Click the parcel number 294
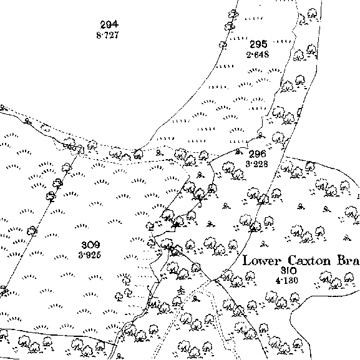110,24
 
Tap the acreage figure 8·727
108,36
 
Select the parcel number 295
258,44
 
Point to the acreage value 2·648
258,55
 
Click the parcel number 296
258,154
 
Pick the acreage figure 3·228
256,164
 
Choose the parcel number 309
90,245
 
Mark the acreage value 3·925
90,255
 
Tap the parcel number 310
289,271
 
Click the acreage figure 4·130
287,281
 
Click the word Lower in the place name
262,261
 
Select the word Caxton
309,261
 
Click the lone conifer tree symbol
182,291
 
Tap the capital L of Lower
247,261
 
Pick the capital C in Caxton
292,261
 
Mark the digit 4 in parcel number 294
115,24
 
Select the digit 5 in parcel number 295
265,44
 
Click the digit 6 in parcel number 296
263,154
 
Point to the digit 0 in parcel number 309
90,245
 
